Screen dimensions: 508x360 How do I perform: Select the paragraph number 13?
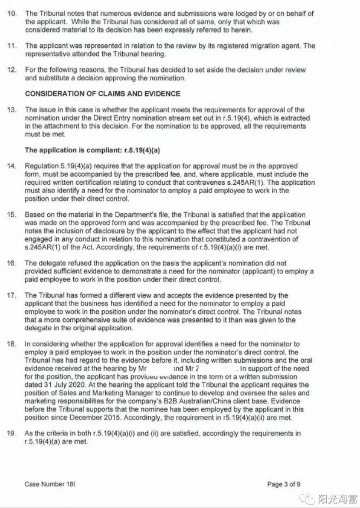[x=11, y=110]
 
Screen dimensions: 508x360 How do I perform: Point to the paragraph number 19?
[x=11, y=433]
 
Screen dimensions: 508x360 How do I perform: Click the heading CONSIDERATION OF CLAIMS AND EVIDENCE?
[x=103, y=94]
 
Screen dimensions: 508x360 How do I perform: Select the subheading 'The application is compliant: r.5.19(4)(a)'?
[x=92, y=150]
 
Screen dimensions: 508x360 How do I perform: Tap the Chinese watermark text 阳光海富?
[x=338, y=497]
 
